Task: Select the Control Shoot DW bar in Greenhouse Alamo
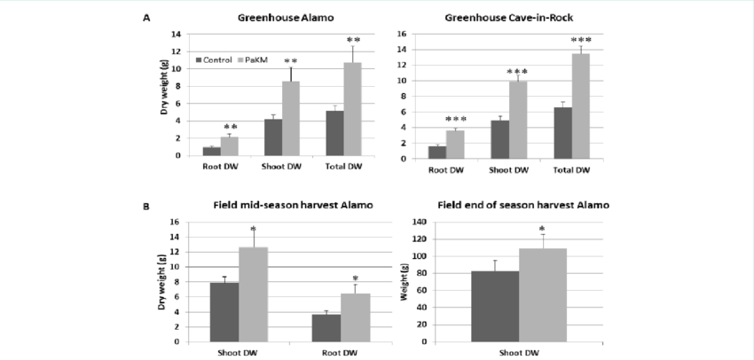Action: pyautogui.click(x=274, y=137)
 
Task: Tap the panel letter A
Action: pyautogui.click(x=145, y=17)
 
